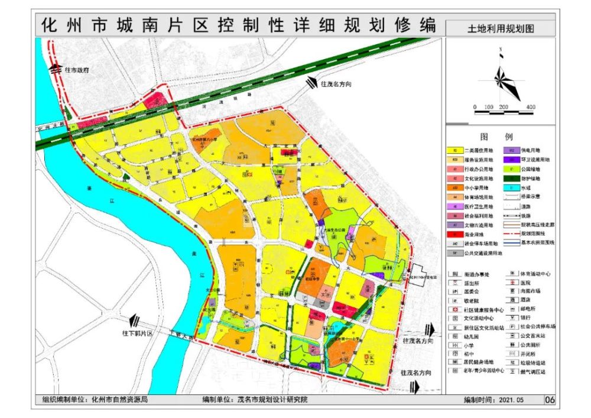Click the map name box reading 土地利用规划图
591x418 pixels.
(501, 28)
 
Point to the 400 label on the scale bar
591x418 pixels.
(530, 107)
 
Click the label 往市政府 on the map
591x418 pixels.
(77, 70)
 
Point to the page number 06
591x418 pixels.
(550, 400)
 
